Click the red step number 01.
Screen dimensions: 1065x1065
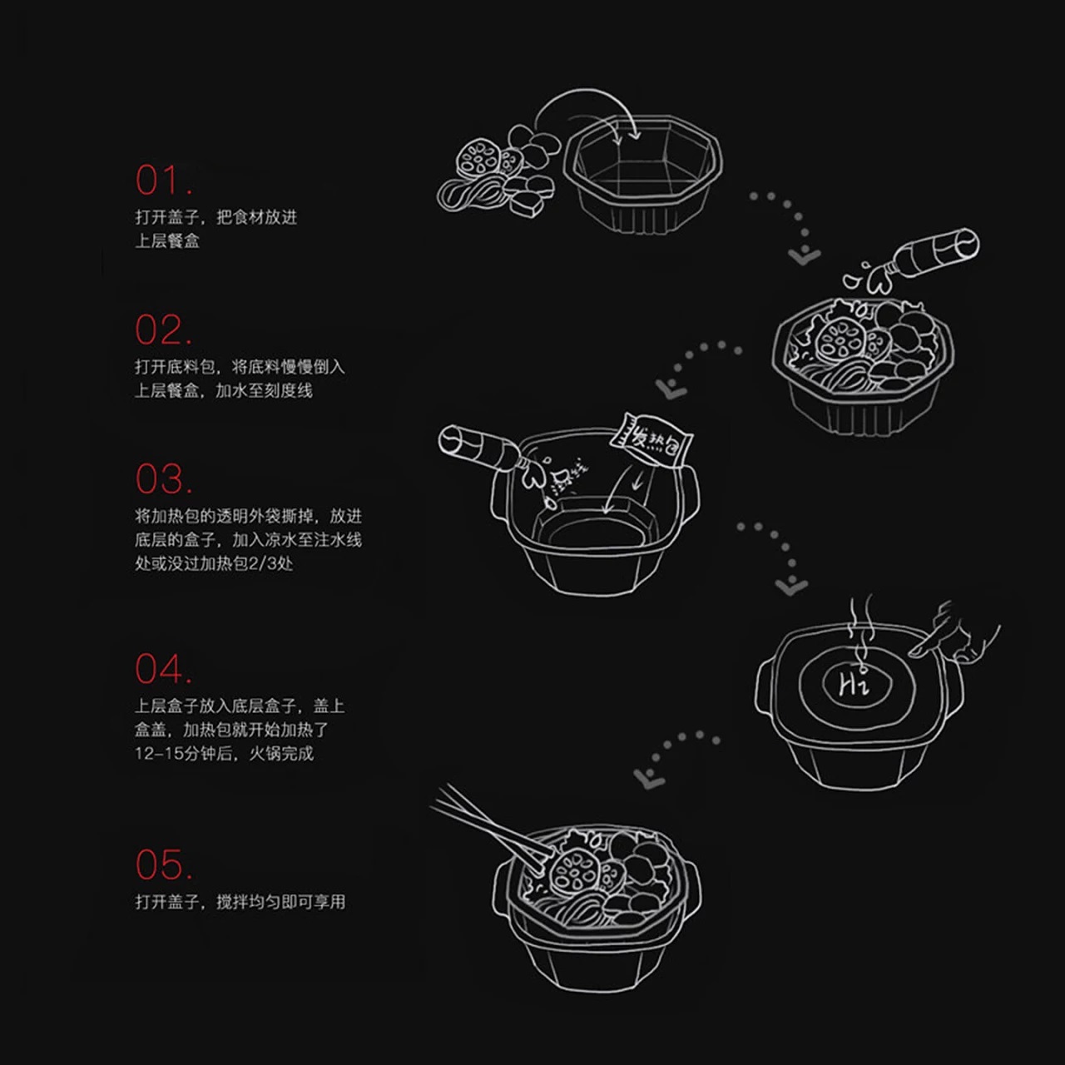163,181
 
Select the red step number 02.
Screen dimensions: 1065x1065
163,330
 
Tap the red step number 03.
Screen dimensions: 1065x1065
163,479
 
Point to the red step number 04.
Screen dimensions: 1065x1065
163,669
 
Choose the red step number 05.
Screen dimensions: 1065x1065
163,865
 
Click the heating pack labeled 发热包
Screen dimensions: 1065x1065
651,438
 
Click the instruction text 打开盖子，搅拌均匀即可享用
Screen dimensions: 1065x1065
240,902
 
